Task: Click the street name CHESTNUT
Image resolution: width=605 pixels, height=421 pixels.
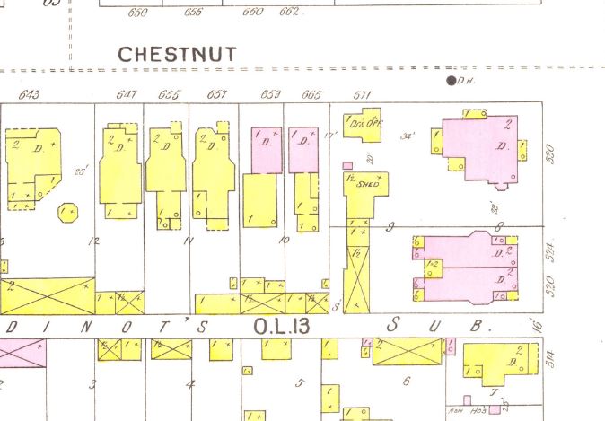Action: [x=178, y=54]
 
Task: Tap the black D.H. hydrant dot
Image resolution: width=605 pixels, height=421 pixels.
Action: [x=452, y=81]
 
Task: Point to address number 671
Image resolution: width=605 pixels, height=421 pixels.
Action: [x=362, y=95]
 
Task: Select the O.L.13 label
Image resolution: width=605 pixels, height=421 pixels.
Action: [x=281, y=326]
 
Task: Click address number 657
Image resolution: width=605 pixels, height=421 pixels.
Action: [x=216, y=95]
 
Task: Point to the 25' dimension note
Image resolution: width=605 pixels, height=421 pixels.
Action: [x=82, y=169]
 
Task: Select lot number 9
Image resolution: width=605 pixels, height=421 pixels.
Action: [x=390, y=227]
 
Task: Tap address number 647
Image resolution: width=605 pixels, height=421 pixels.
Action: [x=126, y=95]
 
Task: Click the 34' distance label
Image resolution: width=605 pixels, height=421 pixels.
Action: [x=408, y=136]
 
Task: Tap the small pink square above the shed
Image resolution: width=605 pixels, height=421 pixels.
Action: [x=348, y=165]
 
